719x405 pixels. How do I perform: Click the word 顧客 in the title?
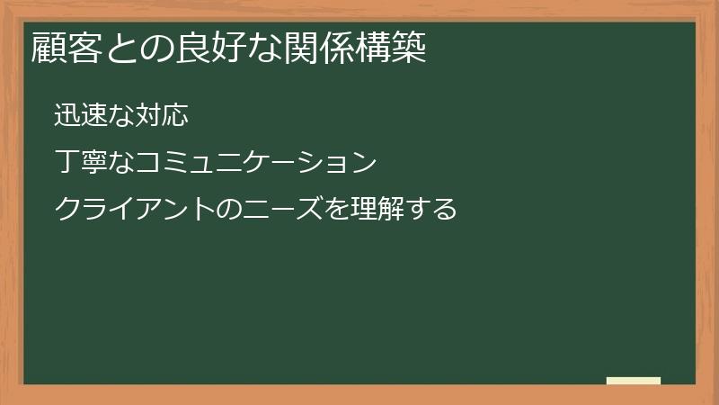point(65,48)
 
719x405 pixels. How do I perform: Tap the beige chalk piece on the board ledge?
point(634,381)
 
